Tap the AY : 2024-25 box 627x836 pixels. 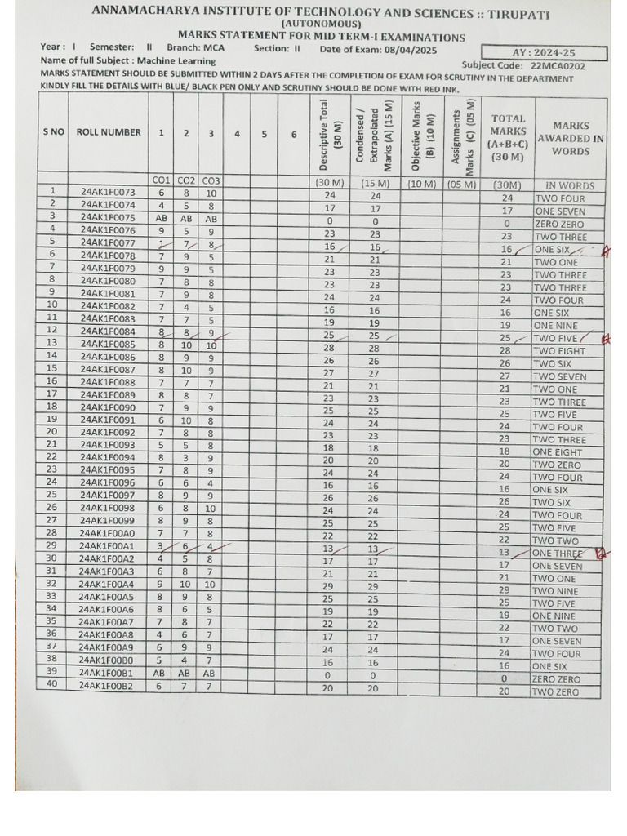click(x=544, y=53)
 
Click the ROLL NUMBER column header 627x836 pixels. click(x=109, y=132)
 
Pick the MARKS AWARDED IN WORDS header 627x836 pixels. click(x=571, y=139)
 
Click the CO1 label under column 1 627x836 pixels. click(x=161, y=180)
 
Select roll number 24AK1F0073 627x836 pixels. click(x=109, y=193)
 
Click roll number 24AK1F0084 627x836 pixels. click(x=109, y=331)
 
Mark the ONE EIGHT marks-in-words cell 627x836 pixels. click(x=558, y=451)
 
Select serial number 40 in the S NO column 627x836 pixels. click(x=51, y=684)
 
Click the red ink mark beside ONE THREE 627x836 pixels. click(x=603, y=554)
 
